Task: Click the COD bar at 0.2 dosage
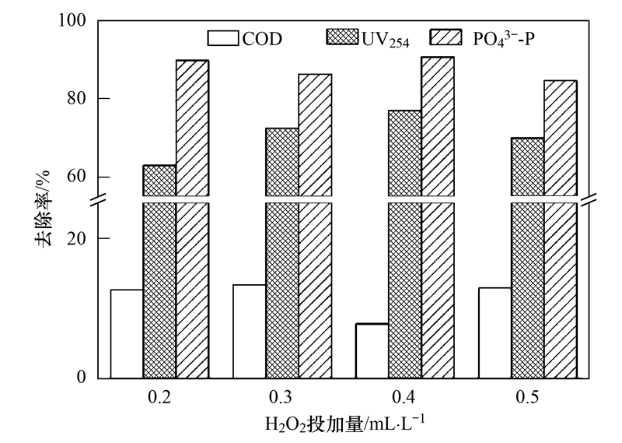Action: pos(127,334)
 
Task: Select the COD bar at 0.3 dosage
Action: pos(250,332)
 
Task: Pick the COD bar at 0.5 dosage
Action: pos(494,333)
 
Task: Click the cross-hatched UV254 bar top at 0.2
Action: pos(159,166)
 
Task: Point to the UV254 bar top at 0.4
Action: pos(404,111)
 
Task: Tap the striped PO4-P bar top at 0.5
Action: pos(560,81)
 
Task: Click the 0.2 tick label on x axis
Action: pos(159,397)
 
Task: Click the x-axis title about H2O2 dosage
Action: pos(344,424)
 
